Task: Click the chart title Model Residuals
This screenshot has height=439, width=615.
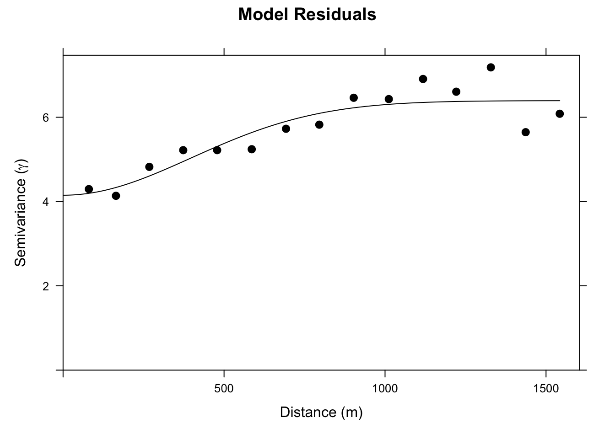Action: (x=307, y=15)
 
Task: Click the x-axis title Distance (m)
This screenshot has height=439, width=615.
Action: (x=321, y=412)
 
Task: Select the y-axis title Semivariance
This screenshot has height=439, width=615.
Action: (x=21, y=212)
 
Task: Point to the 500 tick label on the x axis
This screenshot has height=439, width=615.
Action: (x=224, y=389)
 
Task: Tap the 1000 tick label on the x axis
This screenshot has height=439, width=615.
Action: (x=385, y=389)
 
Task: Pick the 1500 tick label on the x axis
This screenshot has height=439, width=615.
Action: (x=546, y=389)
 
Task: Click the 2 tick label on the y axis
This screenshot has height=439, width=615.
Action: (x=45, y=286)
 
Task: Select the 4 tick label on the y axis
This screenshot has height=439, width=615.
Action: (x=45, y=202)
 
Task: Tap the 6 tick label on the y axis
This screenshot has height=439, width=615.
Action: (x=45, y=118)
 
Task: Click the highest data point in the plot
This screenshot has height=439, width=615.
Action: (x=491, y=67)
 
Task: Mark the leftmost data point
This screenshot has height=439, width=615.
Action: (x=89, y=189)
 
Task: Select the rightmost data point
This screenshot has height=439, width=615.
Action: (x=559, y=113)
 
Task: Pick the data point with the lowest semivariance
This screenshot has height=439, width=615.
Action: (x=116, y=196)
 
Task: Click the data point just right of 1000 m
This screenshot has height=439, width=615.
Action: (x=388, y=99)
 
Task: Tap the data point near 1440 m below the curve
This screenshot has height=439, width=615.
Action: (x=525, y=132)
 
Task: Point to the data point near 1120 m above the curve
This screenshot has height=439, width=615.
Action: (x=423, y=79)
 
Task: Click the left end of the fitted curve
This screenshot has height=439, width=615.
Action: (x=64, y=195)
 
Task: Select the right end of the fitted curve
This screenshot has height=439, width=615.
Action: (x=559, y=101)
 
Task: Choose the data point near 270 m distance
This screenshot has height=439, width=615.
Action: (x=149, y=166)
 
